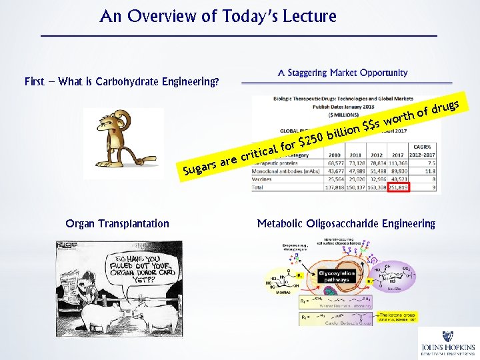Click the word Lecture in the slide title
tap(307, 16)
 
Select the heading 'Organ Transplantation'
tap(117, 224)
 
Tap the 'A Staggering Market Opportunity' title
tap(343, 72)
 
